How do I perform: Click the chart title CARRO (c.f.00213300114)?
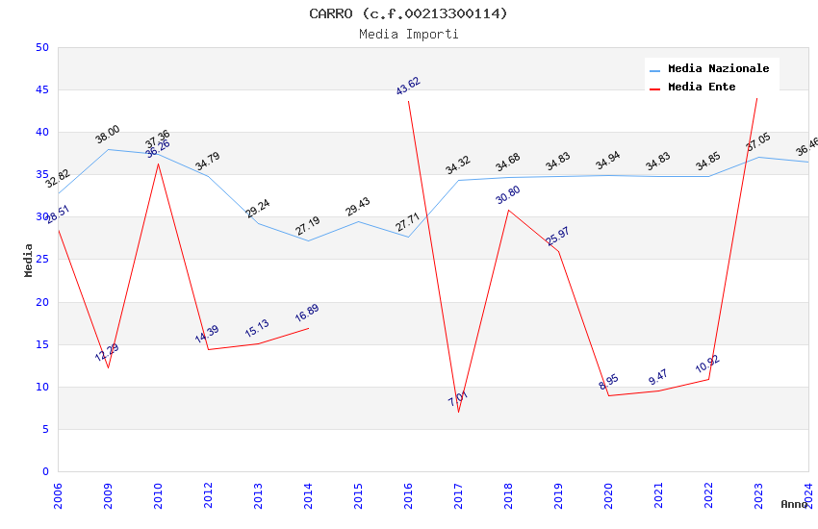[x=408, y=13]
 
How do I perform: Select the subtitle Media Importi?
[x=408, y=34]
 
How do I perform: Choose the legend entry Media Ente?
[x=702, y=87]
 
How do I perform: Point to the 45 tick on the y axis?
[x=41, y=89]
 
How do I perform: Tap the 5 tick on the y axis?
[x=45, y=429]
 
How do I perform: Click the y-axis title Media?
[x=29, y=260]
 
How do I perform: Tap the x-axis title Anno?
[x=794, y=504]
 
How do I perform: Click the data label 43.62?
[x=408, y=86]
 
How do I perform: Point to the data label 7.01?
[x=458, y=398]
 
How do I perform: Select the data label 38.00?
[x=108, y=135]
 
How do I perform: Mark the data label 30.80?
[x=508, y=194]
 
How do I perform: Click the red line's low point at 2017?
[x=458, y=412]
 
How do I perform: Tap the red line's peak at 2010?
[x=158, y=164]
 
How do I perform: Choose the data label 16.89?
[x=307, y=313]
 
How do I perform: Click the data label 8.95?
[x=608, y=382]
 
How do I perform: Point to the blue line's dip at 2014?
[x=308, y=240]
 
